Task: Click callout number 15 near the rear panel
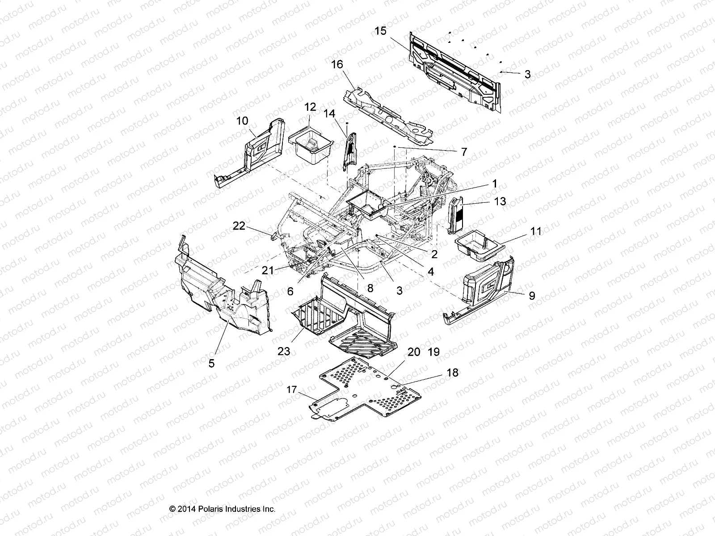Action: tap(380, 31)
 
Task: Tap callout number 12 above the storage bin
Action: tap(310, 107)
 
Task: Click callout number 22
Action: tap(239, 226)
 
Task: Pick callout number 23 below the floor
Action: tap(284, 351)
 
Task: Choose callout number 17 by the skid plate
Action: tap(291, 389)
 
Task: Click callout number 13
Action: tap(500, 201)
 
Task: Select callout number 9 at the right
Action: tap(532, 296)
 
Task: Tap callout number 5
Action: tap(211, 363)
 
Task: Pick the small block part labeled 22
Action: tap(272, 235)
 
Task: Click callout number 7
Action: tap(463, 152)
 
